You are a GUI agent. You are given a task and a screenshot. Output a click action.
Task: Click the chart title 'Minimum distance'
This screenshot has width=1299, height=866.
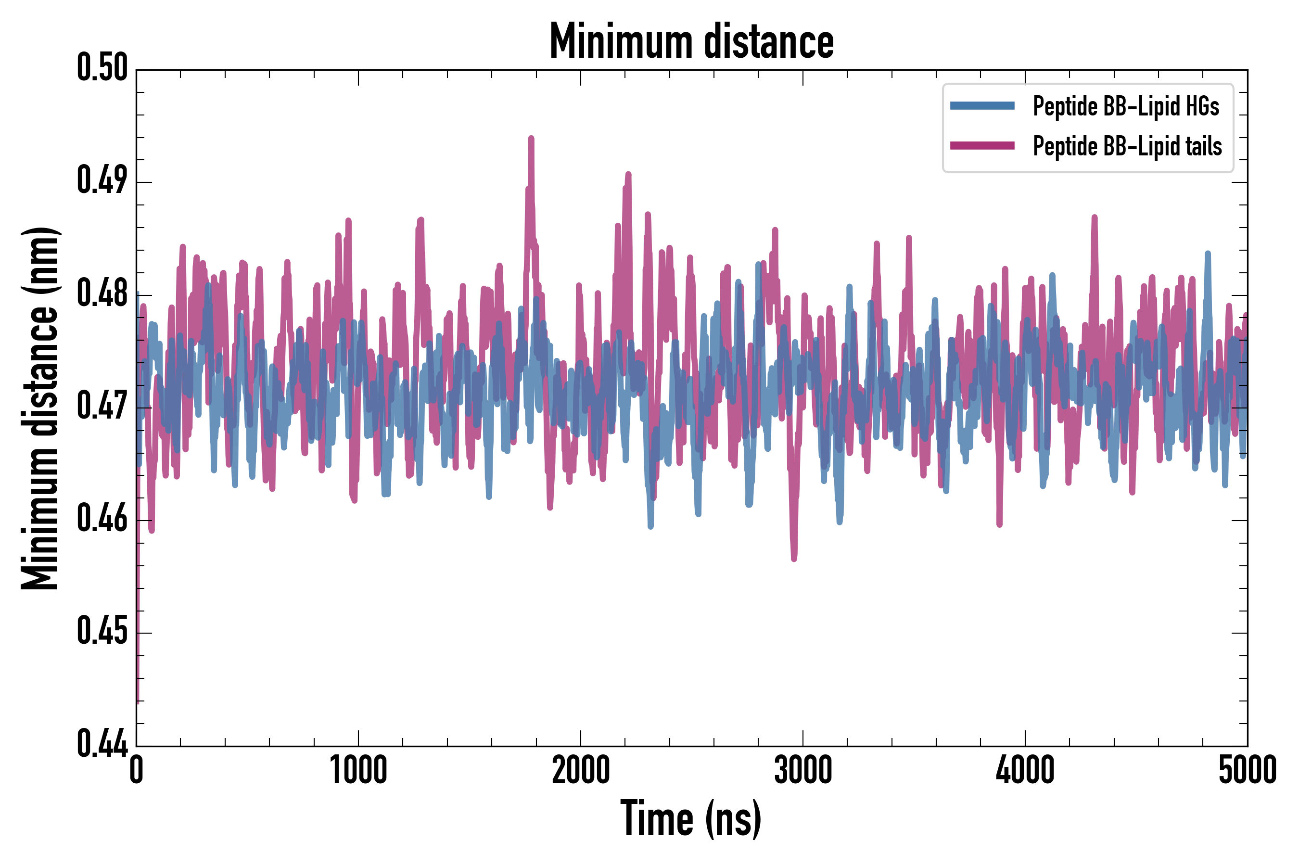691,42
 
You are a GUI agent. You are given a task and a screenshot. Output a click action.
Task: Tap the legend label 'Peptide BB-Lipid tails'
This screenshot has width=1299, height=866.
1127,146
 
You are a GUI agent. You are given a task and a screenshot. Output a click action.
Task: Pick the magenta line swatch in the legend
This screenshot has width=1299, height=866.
982,146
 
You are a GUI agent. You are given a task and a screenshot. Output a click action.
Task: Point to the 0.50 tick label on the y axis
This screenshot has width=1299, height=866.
102,68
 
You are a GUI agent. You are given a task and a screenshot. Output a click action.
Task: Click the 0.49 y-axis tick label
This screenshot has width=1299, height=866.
102,181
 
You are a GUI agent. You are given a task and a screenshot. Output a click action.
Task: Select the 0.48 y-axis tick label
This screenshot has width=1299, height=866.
102,294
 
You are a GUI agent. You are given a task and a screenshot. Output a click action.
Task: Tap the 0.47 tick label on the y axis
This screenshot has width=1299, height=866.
102,407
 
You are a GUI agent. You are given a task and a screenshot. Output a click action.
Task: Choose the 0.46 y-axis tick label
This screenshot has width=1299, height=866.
102,519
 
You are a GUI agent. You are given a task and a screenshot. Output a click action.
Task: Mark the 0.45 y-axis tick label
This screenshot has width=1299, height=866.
102,632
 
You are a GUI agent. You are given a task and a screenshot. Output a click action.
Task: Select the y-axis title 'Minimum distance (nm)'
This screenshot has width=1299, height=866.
40,408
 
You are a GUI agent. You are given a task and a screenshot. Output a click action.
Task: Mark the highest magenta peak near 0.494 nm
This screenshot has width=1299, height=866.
531,139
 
